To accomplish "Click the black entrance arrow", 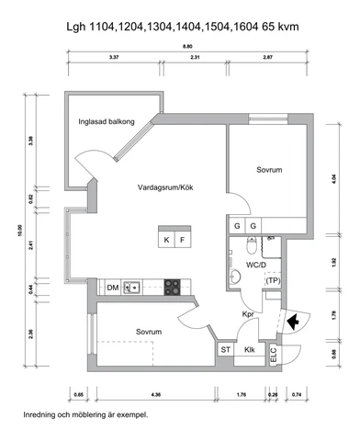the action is tap(293, 322).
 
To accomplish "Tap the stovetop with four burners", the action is tap(173, 288).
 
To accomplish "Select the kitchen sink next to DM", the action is tap(132, 288).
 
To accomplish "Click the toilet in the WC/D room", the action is tap(252, 245).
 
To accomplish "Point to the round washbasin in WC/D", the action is tap(235, 277).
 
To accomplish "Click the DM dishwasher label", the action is tap(113, 288).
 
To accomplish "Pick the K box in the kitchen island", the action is tap(166, 240).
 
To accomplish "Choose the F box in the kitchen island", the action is tap(183, 240).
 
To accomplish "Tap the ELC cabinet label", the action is tap(274, 355).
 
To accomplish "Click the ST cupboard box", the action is tap(226, 349).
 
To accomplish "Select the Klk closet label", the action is tap(250, 349).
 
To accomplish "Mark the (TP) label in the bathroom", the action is tap(273, 280).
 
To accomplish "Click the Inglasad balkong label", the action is tap(107, 121).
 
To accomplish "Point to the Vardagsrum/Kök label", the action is tap(165, 187).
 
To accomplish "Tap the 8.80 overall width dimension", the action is tap(187, 47).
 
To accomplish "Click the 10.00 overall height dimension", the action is tap(20, 231).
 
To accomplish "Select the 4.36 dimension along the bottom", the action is tap(156, 395).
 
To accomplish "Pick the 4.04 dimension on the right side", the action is tap(334, 179).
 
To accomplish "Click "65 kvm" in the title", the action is tap(280, 27).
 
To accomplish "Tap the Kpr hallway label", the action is tap(248, 314).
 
